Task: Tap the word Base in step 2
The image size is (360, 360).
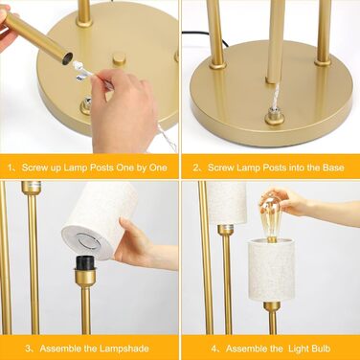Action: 335,168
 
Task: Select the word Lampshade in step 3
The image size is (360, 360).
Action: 124,349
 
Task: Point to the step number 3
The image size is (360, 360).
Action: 28,349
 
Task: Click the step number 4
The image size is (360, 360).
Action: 214,349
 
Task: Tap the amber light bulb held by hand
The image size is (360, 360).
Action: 271,218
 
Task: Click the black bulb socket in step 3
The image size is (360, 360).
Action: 85,263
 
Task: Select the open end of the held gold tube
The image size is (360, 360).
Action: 67,58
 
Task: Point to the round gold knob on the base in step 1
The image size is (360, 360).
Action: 119,59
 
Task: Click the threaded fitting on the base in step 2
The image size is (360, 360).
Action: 274,119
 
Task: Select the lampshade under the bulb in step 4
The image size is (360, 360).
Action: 271,270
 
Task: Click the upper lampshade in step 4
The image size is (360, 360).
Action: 227,202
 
